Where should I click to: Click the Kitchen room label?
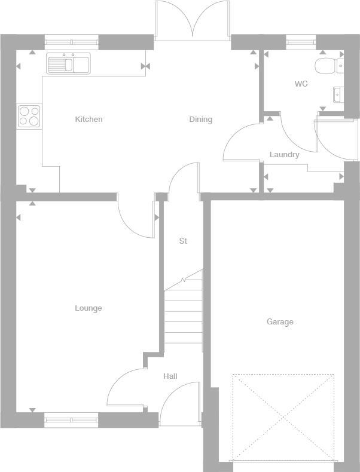pos(89,119)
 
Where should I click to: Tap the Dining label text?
pos(200,119)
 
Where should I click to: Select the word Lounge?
pos(88,308)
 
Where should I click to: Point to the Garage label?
pos(280,322)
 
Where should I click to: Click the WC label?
pos(301,84)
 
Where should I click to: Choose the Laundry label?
pos(284,155)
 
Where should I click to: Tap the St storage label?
pos(183,241)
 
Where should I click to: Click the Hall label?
pos(170,376)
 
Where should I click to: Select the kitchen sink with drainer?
pos(68,63)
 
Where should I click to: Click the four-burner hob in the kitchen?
pos(29,115)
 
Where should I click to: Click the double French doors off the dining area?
pos(192,21)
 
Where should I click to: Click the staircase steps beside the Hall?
pos(183,314)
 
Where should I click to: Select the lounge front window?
pos(71,420)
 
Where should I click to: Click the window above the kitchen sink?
pos(71,42)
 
